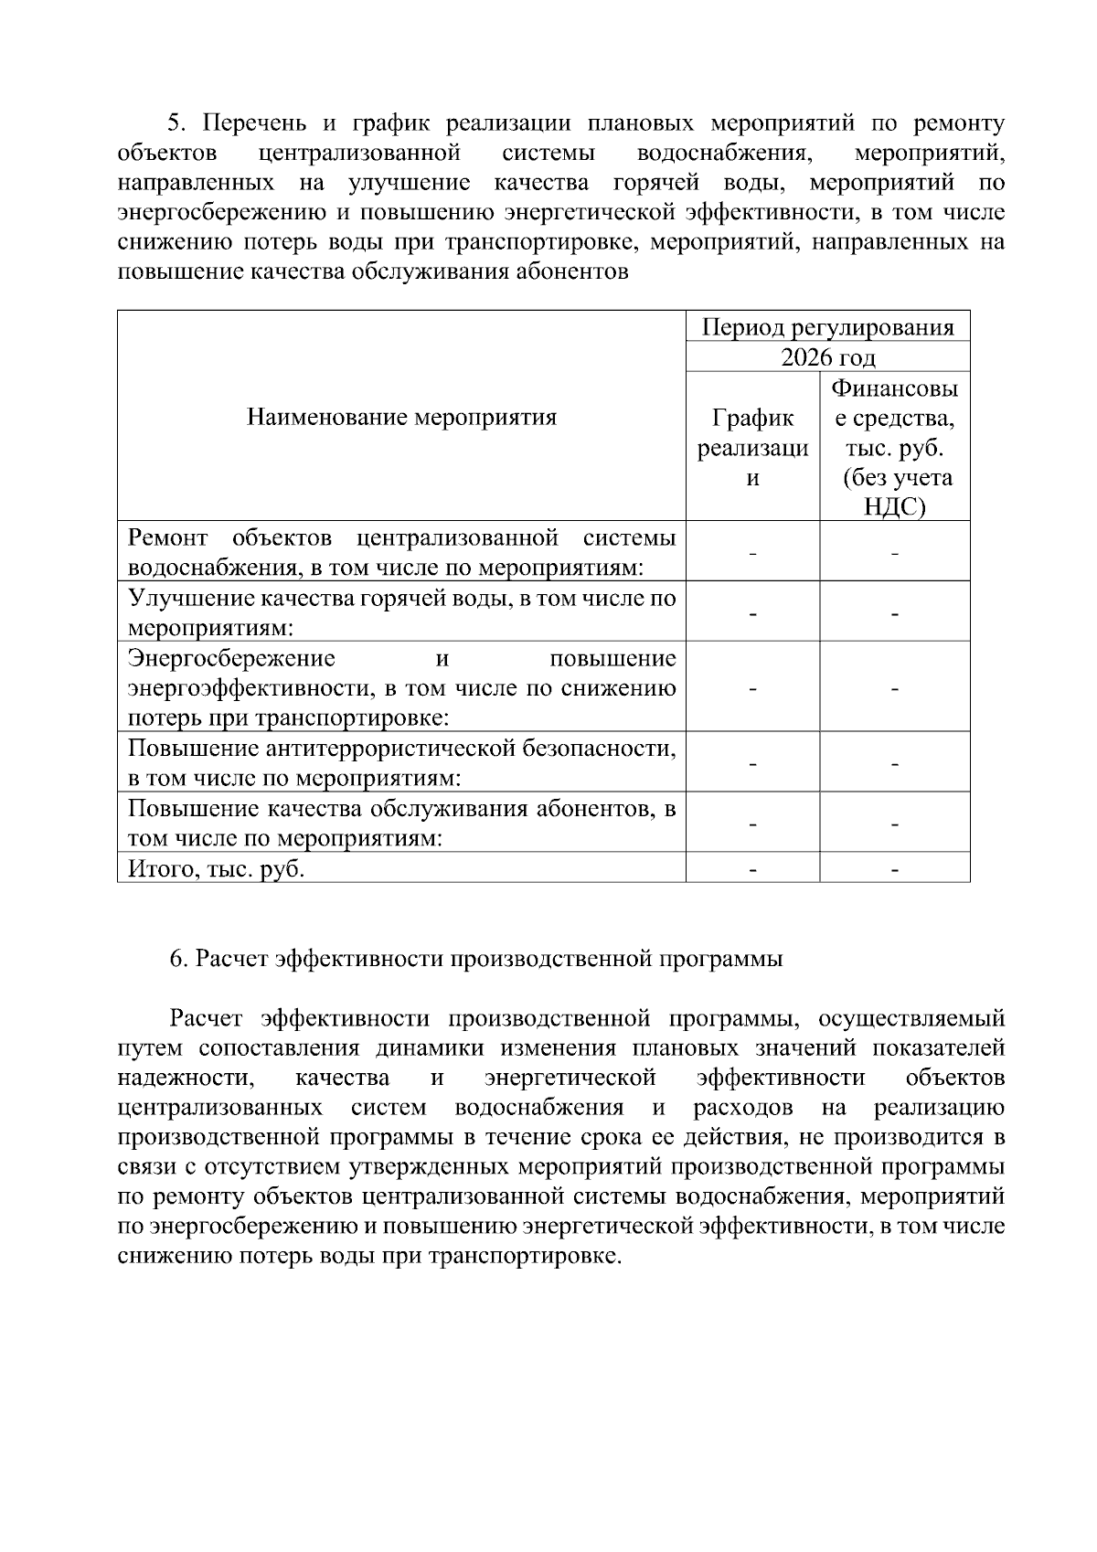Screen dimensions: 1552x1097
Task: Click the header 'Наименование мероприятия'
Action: point(401,418)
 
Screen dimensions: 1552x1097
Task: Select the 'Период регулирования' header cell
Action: point(827,327)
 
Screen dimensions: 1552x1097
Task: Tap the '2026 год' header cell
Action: point(827,357)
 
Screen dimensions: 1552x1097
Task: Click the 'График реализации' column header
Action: point(752,448)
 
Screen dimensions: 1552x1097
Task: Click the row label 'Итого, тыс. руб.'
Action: point(217,868)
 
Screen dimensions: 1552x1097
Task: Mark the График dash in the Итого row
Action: point(752,869)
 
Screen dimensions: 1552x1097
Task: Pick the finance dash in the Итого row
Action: point(894,869)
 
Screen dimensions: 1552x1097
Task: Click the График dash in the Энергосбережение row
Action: point(752,688)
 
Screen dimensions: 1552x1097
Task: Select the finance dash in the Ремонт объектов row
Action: point(894,553)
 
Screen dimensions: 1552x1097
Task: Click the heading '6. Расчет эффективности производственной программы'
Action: point(476,959)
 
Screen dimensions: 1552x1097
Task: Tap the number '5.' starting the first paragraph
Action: point(176,123)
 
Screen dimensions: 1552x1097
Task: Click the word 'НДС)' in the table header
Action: point(894,507)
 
